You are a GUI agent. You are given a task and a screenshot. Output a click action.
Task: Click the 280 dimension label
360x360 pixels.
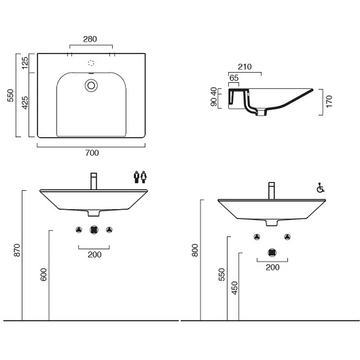[90, 39]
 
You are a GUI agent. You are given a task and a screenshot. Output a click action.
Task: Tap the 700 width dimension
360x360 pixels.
[92, 153]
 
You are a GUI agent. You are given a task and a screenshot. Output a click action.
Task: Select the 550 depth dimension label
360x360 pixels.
[11, 95]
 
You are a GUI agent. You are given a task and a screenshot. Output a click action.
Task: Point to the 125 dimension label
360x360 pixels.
[25, 62]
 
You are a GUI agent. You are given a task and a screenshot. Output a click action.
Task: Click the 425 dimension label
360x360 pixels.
[25, 103]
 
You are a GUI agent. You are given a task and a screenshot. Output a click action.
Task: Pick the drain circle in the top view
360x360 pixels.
[91, 86]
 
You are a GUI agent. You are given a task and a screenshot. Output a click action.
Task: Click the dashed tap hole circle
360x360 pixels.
[91, 63]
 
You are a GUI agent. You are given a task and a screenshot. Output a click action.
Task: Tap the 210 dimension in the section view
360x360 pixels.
[245, 67]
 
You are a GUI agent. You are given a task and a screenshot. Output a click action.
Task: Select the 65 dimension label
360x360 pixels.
[234, 78]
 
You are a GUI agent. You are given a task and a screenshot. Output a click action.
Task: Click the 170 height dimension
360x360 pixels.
[329, 101]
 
